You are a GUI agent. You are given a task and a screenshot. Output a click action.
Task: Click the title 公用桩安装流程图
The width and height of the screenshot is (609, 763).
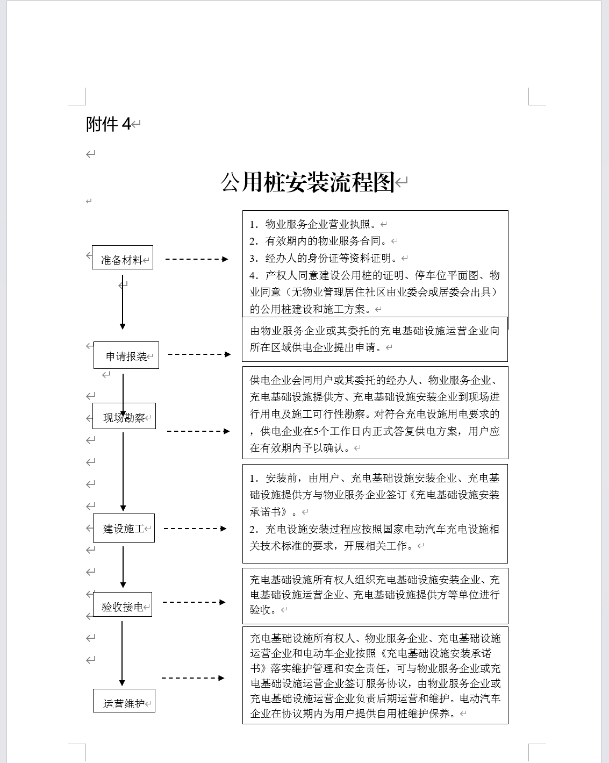307,182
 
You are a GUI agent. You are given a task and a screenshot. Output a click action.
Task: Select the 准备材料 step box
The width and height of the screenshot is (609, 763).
122,258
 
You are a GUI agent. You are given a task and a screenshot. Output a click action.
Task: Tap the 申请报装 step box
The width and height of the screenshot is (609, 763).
126,355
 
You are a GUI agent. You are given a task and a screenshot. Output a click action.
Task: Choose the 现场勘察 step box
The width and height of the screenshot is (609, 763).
124,416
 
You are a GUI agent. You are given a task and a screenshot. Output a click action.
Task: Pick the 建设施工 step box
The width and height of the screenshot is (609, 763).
124,527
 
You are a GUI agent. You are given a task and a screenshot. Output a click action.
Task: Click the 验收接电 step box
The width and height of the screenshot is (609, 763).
123,605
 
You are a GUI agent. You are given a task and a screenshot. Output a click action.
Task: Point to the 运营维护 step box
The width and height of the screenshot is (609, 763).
124,701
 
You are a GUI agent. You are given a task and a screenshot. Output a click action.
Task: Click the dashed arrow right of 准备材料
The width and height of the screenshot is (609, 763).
197,259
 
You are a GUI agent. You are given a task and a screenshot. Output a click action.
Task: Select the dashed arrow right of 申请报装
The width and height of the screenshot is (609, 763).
199,354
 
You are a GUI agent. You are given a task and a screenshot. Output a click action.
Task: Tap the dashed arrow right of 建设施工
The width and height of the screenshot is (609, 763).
195,529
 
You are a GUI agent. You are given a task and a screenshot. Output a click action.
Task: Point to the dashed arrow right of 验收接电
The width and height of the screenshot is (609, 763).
194,602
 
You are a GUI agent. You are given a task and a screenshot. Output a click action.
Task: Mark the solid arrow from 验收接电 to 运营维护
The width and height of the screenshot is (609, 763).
122,653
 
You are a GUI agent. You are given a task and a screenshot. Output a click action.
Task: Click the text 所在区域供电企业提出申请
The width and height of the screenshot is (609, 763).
317,347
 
